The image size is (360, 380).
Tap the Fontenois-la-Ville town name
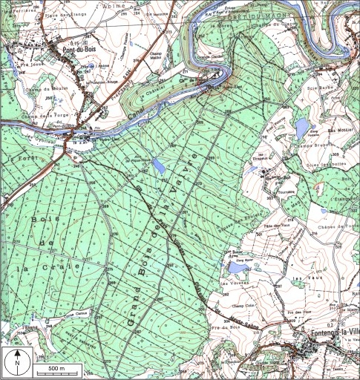pyautogui.click(x=327, y=335)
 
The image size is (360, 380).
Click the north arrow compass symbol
pyautogui.click(x=16, y=363)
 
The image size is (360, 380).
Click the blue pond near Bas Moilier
pyautogui.click(x=301, y=128)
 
